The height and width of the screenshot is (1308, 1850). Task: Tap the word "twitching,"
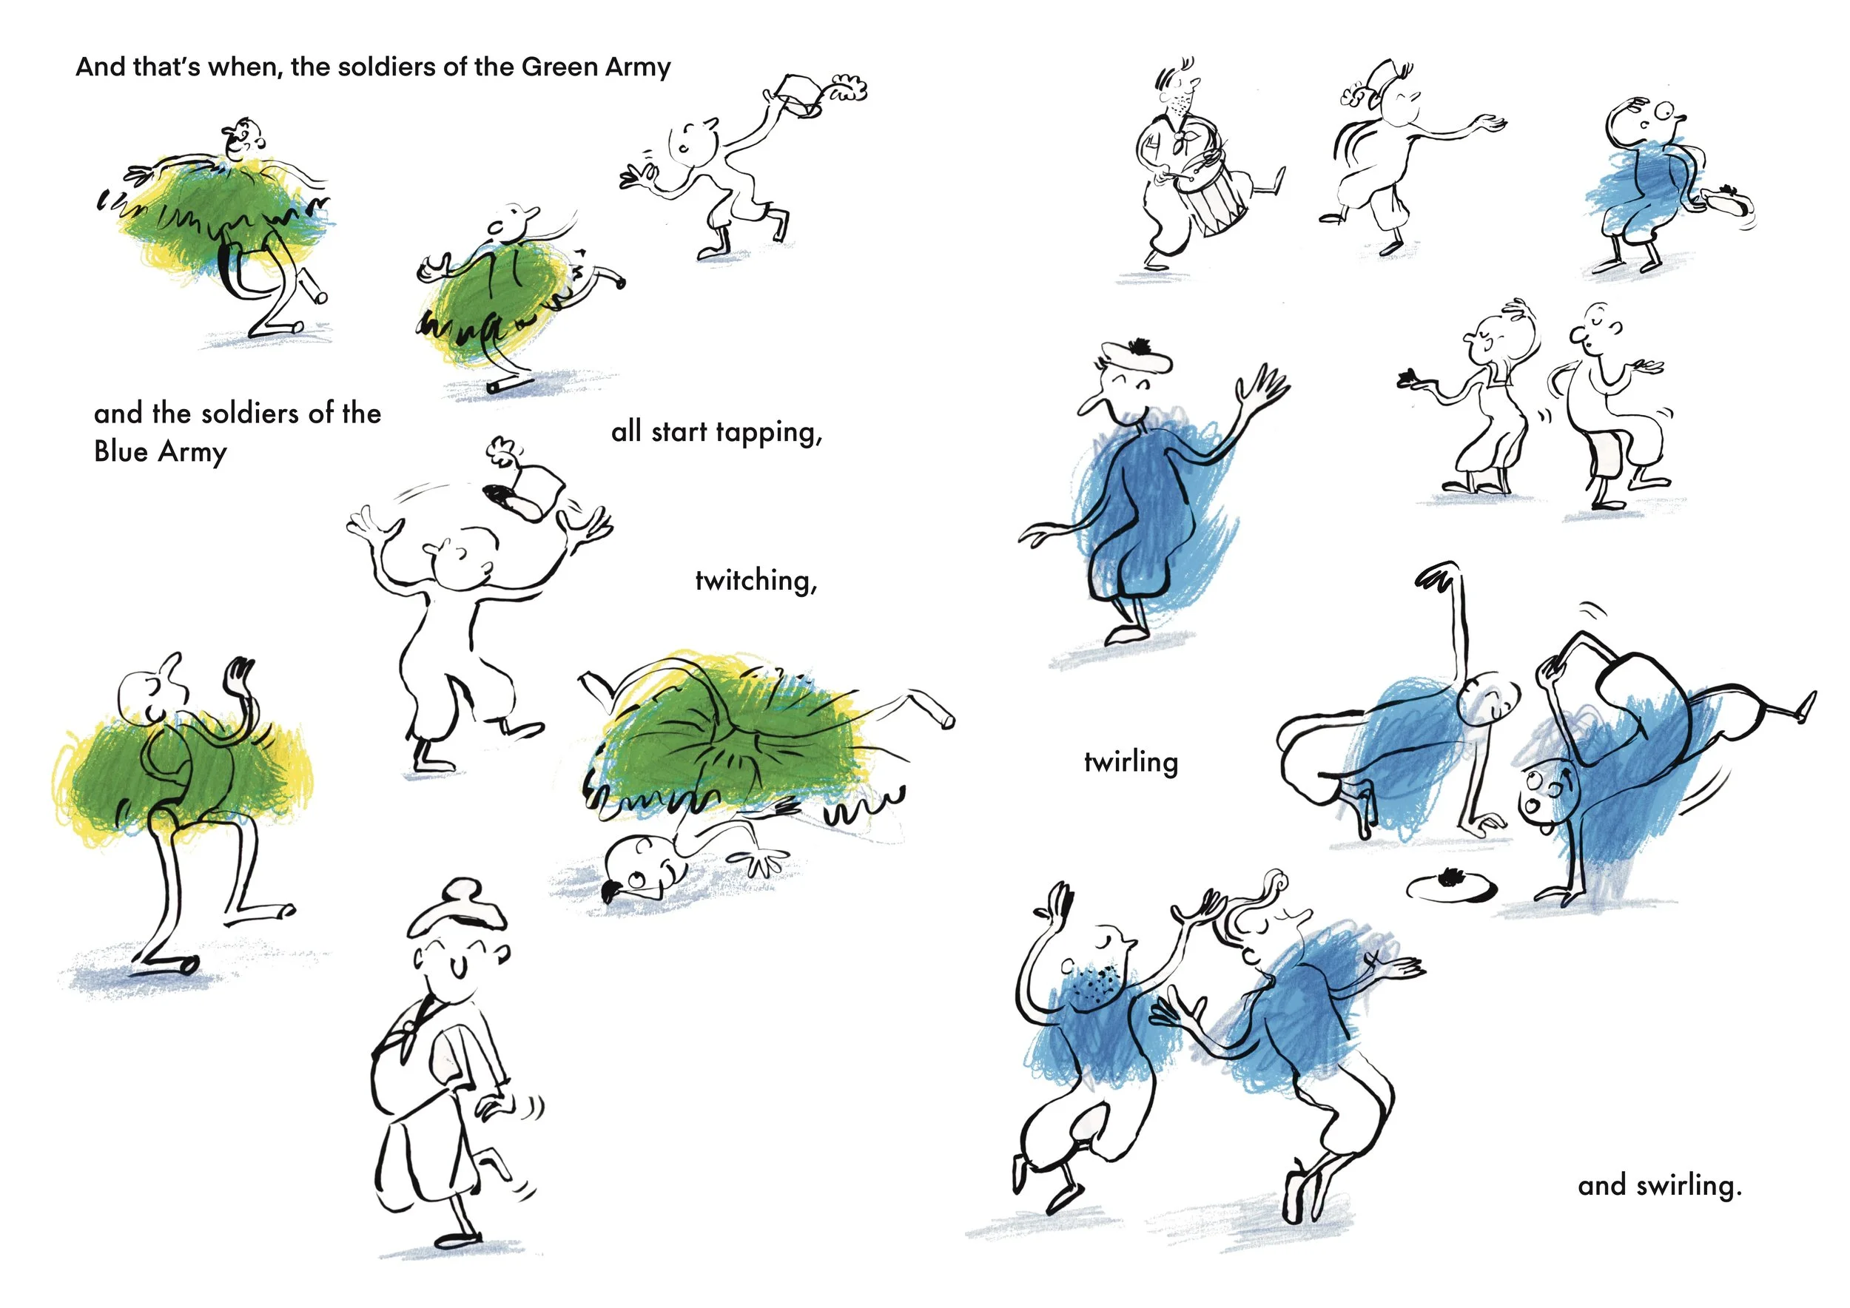click(756, 581)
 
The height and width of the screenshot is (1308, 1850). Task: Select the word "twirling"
click(1131, 762)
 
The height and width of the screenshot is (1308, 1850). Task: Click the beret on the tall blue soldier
click(1136, 355)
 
